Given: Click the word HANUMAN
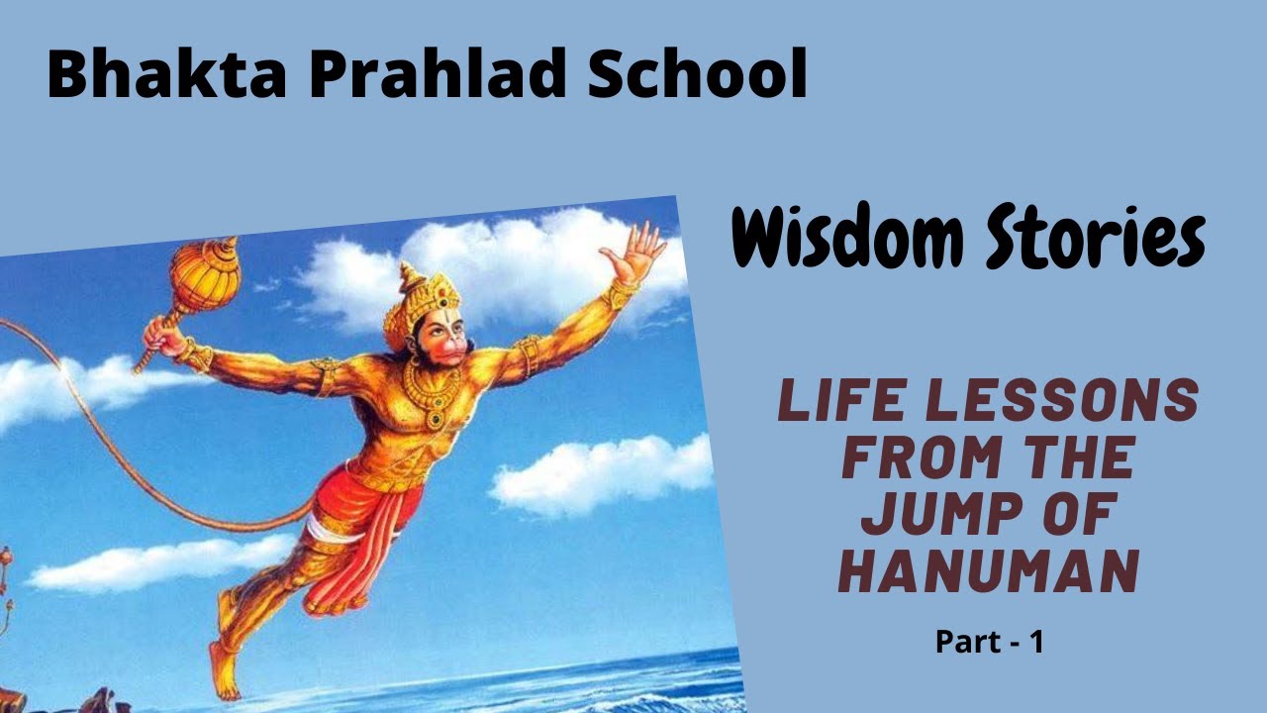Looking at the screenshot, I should click(x=987, y=571).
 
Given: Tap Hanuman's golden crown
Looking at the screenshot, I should click(x=420, y=297).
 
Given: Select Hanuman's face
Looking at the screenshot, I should click(x=437, y=342).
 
